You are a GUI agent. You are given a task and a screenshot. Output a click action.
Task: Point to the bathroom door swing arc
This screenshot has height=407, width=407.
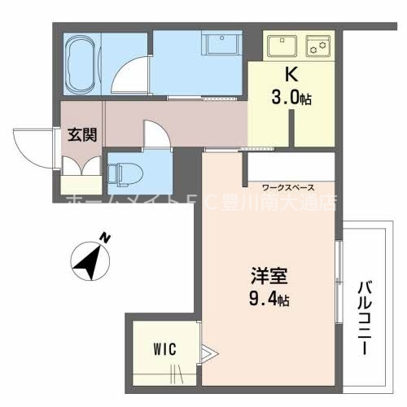point(128,75)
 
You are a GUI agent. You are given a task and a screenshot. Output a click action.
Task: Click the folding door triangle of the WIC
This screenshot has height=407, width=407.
point(209,352)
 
